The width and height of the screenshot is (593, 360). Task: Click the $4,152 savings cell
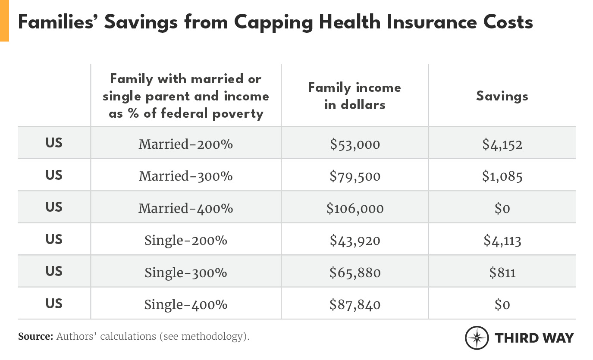(502, 144)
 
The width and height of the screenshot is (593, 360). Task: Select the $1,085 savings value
(502, 176)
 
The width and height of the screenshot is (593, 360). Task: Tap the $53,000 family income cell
(355, 144)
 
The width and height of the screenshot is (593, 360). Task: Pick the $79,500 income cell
(355, 176)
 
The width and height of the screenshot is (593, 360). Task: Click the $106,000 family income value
(355, 208)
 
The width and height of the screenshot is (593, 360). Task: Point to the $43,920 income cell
(355, 240)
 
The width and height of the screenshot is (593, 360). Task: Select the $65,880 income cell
(355, 272)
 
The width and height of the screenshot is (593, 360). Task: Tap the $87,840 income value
(355, 304)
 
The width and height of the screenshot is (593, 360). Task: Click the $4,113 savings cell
(502, 240)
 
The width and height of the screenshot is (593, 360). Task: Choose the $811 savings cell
(502, 272)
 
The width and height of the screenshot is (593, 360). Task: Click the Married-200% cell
(185, 144)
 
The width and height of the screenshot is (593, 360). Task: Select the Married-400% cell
(185, 208)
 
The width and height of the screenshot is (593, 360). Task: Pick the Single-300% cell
(185, 272)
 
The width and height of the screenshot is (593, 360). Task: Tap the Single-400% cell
(185, 304)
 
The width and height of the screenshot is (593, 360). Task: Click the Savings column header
(502, 96)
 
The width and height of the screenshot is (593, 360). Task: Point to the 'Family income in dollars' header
(355, 96)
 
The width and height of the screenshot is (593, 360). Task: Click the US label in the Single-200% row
(54, 239)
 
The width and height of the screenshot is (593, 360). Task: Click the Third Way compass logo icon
(477, 338)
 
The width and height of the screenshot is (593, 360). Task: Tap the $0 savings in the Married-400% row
(502, 208)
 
